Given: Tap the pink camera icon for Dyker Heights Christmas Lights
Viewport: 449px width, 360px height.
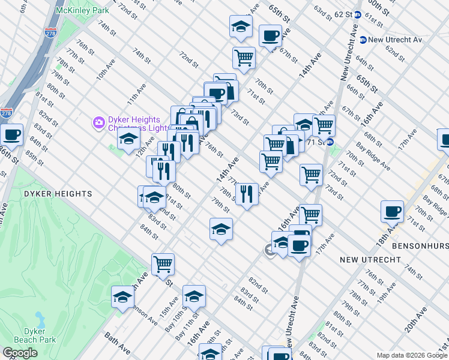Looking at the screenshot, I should coord(98,122).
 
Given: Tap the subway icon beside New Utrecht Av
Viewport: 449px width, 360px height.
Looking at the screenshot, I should coord(363,40).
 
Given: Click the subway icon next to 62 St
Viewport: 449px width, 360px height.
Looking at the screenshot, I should coord(358,14).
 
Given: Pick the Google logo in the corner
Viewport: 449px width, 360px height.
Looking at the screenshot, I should coord(20,353).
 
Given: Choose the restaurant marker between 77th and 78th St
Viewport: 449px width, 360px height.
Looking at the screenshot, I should coord(247,194).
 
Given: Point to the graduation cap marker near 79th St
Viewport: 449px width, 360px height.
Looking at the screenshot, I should coord(221,229).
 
